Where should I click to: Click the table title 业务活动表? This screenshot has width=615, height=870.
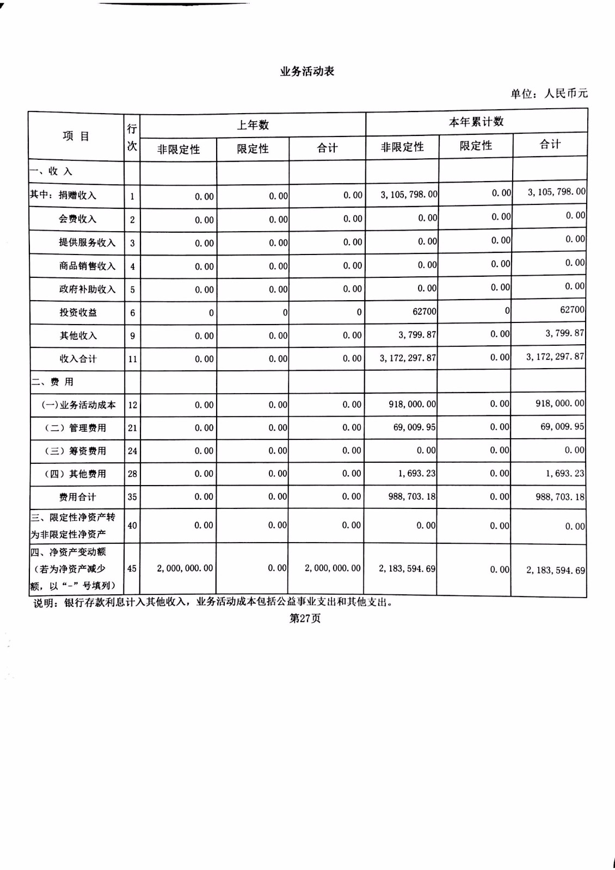point(307,71)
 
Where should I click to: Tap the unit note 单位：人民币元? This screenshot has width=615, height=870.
point(549,94)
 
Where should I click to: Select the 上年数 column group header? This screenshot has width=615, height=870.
point(253,125)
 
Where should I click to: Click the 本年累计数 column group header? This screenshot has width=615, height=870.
point(476,122)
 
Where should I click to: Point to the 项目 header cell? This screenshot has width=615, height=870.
point(76,136)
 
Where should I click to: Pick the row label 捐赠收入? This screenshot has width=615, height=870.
point(77,195)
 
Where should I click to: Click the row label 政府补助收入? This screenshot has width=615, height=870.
point(87,289)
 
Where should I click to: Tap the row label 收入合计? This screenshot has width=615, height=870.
point(78,359)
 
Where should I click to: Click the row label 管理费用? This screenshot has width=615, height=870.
point(87,428)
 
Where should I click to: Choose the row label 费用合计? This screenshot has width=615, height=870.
point(77,497)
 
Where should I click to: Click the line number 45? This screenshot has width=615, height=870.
point(132,568)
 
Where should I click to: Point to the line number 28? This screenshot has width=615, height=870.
point(132,474)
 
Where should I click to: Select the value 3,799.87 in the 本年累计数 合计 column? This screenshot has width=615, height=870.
point(565,333)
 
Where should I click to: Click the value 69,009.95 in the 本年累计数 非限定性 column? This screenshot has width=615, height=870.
point(414,427)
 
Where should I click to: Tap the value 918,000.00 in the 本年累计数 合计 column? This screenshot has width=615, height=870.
point(560,403)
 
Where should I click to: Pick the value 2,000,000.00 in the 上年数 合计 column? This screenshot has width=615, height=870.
point(333,568)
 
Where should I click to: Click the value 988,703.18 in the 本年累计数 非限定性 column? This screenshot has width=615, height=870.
point(412,496)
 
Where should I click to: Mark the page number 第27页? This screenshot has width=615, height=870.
point(305,618)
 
